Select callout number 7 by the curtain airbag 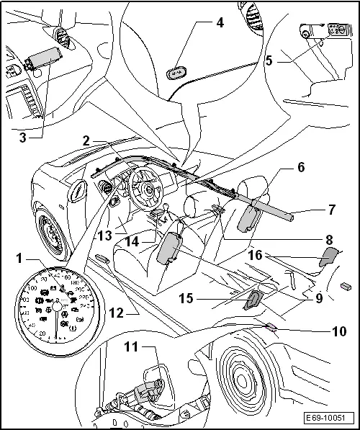pos(311,211)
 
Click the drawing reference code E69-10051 pos(328,418)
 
